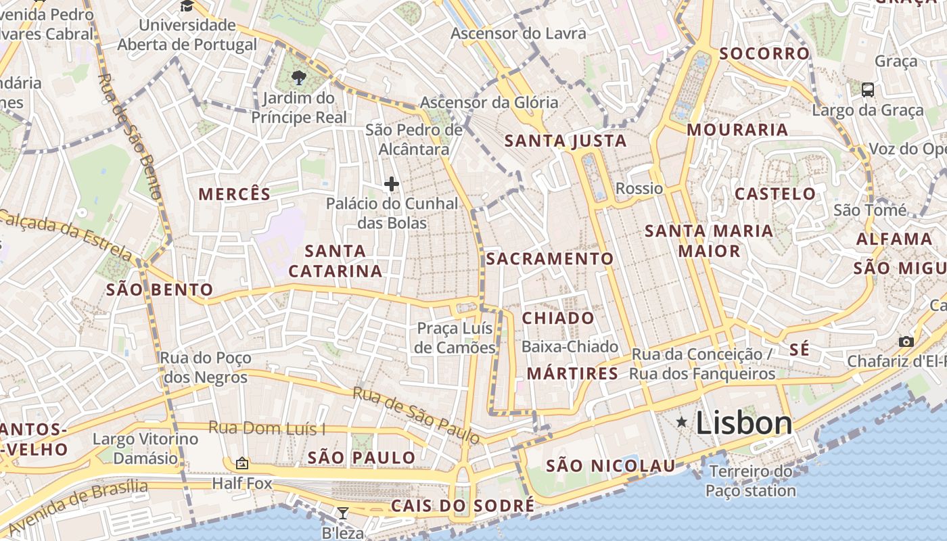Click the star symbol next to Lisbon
(x=682, y=423)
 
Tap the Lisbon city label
(x=743, y=423)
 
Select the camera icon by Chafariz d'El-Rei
(x=906, y=342)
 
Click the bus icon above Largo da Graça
(x=867, y=89)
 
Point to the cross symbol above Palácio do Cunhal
(x=392, y=183)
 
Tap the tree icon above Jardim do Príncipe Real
(x=298, y=78)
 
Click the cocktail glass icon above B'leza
(x=342, y=513)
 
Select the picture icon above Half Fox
(x=241, y=463)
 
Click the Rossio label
(x=639, y=188)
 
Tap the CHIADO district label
(x=559, y=318)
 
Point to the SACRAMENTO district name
(x=550, y=258)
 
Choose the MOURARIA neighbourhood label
(x=737, y=129)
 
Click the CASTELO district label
(x=775, y=194)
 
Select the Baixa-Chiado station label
(x=570, y=347)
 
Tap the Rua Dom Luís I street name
(x=267, y=427)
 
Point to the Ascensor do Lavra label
(x=518, y=33)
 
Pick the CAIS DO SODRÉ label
(x=463, y=506)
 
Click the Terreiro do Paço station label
(x=751, y=481)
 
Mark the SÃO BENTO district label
(x=160, y=290)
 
